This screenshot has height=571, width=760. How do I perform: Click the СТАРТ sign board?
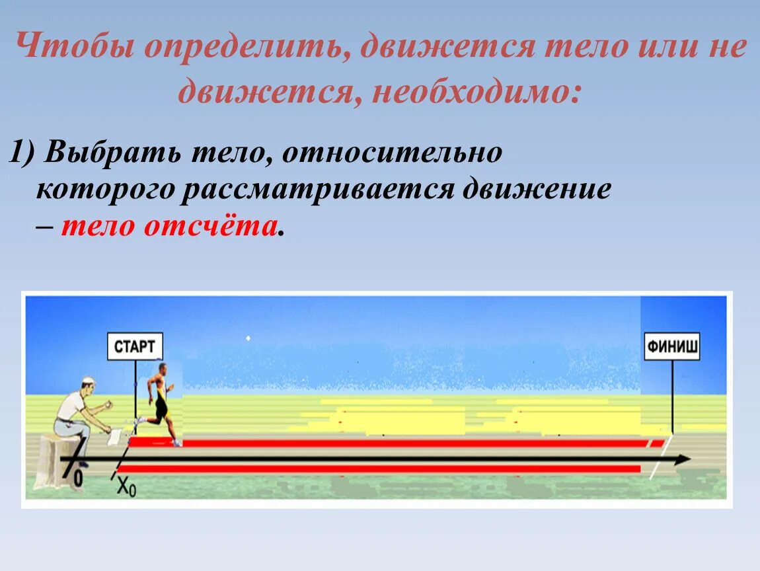(x=135, y=347)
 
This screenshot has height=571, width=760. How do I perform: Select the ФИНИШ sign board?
(x=671, y=347)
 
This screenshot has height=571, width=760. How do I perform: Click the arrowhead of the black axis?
(x=683, y=459)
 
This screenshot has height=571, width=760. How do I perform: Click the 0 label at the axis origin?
(x=78, y=478)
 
